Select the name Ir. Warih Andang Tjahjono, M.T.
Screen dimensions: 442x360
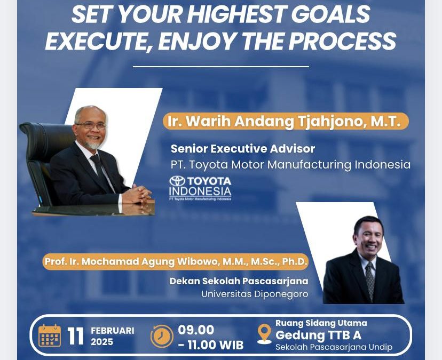tap(284, 122)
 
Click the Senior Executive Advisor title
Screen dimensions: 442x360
tap(243, 149)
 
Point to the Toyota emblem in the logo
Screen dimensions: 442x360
tap(177, 181)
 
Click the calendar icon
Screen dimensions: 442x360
tap(50, 335)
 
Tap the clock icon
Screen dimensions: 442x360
tap(162, 336)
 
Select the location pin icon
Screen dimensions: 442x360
tap(264, 334)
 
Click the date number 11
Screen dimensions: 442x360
tap(76, 336)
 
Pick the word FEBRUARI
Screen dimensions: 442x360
tap(113, 331)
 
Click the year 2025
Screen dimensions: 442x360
tap(102, 342)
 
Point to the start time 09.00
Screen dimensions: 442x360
tap(196, 330)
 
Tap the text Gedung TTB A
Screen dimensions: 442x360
tap(318, 335)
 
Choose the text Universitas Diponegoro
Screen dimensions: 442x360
tap(255, 294)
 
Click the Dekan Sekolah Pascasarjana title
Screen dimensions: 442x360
tap(239, 281)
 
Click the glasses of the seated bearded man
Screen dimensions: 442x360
tap(91, 125)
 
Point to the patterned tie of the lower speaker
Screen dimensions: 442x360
tap(370, 280)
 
